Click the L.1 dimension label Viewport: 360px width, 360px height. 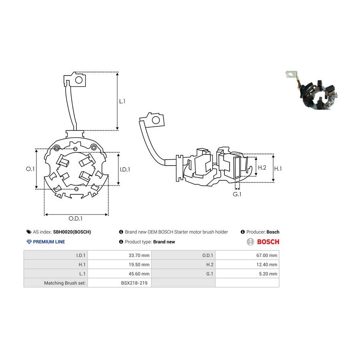pos(122,101)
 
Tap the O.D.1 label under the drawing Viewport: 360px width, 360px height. pos(76,218)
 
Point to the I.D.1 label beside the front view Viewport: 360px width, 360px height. pos(125,170)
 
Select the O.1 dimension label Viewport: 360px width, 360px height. pos(30,169)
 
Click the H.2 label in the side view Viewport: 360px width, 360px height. pos(262,168)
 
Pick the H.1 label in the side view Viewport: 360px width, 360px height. pos(278,169)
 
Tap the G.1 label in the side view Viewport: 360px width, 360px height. pos(237,194)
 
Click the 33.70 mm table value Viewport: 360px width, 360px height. pos(139,255)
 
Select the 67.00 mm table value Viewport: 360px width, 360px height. pos(266,255)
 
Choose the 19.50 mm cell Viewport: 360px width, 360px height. pos(139,264)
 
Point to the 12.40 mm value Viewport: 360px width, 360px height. pos(266,264)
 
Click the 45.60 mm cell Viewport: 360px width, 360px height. pos(139,274)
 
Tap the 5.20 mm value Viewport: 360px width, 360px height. pos(268,274)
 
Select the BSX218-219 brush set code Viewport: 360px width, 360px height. pos(134,283)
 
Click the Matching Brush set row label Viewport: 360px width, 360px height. pos(65,283)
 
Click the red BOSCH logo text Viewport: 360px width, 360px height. pos(268,242)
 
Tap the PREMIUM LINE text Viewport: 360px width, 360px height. pos(49,242)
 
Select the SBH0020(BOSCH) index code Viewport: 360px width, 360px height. pos(72,232)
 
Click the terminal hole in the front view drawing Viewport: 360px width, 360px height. pos(79,80)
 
